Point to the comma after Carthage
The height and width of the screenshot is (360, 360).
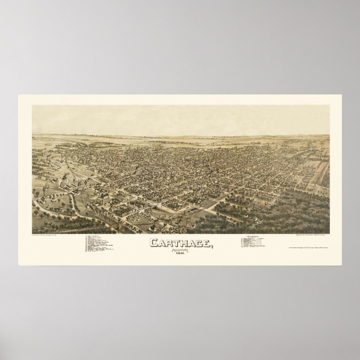coord(212,246)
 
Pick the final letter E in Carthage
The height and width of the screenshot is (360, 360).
coord(206,243)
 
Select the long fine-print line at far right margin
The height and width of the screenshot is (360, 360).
coord(312,249)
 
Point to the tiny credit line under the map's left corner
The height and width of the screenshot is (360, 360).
coord(52,236)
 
